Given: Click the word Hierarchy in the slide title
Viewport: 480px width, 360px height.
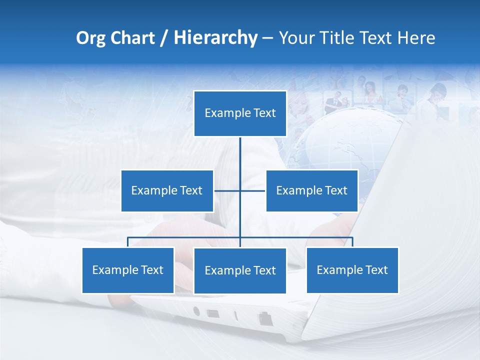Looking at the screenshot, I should pos(215,38).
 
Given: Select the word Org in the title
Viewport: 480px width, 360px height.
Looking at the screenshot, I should pos(90,38).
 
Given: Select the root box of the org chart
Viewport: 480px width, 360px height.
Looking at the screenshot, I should pos(240,113).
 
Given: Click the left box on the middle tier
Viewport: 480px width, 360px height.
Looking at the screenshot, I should pos(167,190).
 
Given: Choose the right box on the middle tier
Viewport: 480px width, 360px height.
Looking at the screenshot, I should pos(311,190).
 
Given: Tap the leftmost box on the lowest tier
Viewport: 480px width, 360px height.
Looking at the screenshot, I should pos(128,270).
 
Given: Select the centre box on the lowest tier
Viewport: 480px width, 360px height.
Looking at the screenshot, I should pos(240,270).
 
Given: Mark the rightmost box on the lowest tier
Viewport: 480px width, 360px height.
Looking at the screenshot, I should pos(352,270).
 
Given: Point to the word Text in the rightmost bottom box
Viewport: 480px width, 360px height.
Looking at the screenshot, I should pos(376,270).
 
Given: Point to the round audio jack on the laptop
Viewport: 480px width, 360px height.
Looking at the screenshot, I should pos(196,311).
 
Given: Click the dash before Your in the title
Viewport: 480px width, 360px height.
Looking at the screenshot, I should pos(267,38).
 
